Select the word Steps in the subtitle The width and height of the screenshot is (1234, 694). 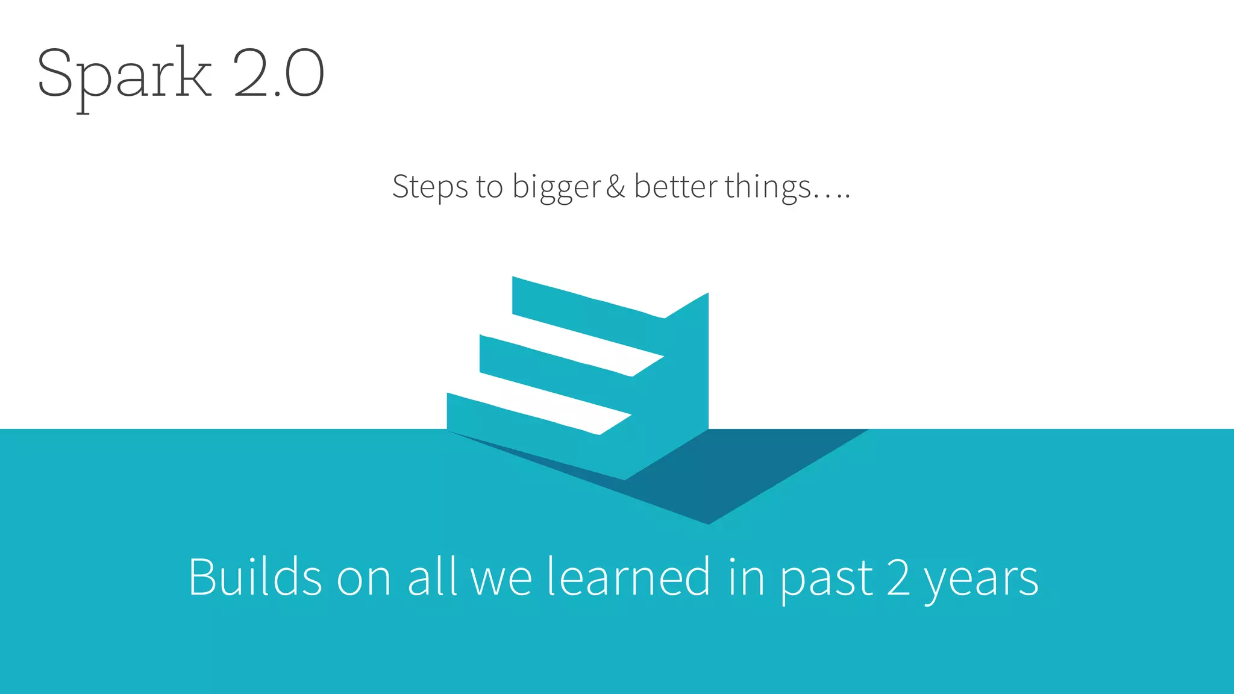tap(430, 187)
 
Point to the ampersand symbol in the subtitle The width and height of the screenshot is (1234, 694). tap(616, 187)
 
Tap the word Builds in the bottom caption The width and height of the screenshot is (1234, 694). tap(255, 577)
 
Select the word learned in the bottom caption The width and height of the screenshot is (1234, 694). tap(629, 577)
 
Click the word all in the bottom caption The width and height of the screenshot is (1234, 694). tap(432, 577)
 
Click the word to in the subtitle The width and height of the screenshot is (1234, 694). tap(489, 187)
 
